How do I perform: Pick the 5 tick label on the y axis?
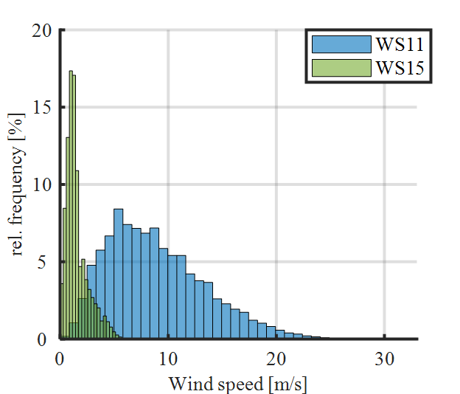click(x=46, y=263)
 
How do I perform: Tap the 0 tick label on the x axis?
click(x=60, y=359)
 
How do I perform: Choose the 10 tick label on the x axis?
click(x=168, y=359)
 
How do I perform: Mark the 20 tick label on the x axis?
click(x=276, y=359)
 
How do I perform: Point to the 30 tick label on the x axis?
click(x=383, y=359)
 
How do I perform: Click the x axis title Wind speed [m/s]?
click(x=238, y=384)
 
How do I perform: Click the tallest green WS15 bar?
click(x=71, y=207)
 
